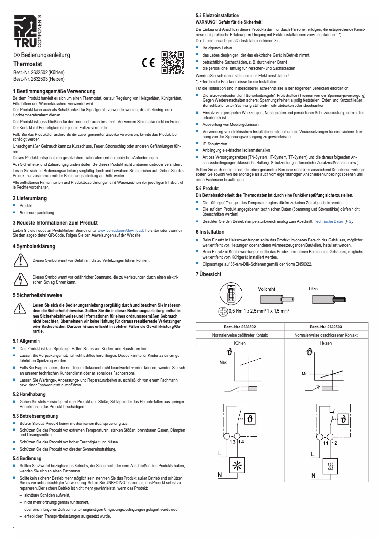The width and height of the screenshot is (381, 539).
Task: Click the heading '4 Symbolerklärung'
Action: click(34, 246)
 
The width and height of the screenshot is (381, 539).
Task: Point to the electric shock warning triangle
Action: click(20, 279)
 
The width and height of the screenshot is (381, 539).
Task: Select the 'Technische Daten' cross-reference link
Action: click(333, 221)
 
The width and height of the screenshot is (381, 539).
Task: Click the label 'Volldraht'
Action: click(267, 289)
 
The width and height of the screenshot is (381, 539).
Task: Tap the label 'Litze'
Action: click(313, 289)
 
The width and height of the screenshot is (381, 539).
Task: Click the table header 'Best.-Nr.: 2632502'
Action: click(240, 327)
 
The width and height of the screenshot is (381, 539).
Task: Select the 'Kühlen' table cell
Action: click(240, 342)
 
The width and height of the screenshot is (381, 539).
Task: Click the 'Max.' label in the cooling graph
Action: click(223, 362)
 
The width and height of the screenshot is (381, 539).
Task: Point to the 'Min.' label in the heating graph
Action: click(305, 375)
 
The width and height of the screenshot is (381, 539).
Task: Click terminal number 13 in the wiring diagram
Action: click(232, 443)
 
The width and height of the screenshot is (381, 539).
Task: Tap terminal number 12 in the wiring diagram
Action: click(334, 443)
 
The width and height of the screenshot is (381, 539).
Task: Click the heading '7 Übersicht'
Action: click(209, 275)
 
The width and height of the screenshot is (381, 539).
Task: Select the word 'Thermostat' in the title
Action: click(28, 64)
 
